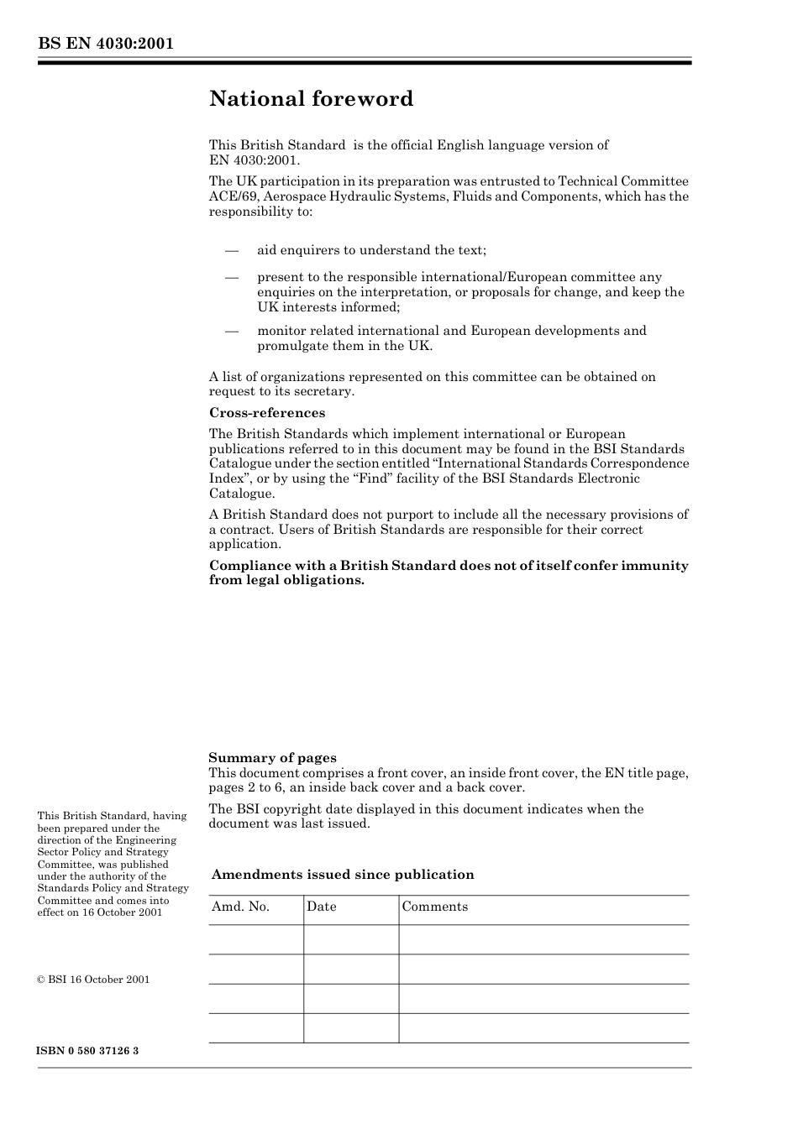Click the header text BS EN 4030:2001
tap(105, 44)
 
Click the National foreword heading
tap(311, 99)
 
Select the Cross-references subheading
tap(266, 413)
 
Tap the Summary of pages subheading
tap(272, 758)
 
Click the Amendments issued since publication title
tap(343, 875)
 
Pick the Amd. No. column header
tap(240, 907)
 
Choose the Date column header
tap(321, 907)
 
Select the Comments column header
tap(434, 907)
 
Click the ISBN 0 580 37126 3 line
tap(88, 1051)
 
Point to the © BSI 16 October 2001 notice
tap(93, 980)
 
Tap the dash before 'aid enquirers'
tap(232, 250)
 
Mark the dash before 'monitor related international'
tap(232, 331)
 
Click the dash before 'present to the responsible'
tap(232, 277)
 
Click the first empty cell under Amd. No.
tap(255, 939)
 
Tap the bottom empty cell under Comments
tap(543, 1027)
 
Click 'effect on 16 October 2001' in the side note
tap(100, 912)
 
